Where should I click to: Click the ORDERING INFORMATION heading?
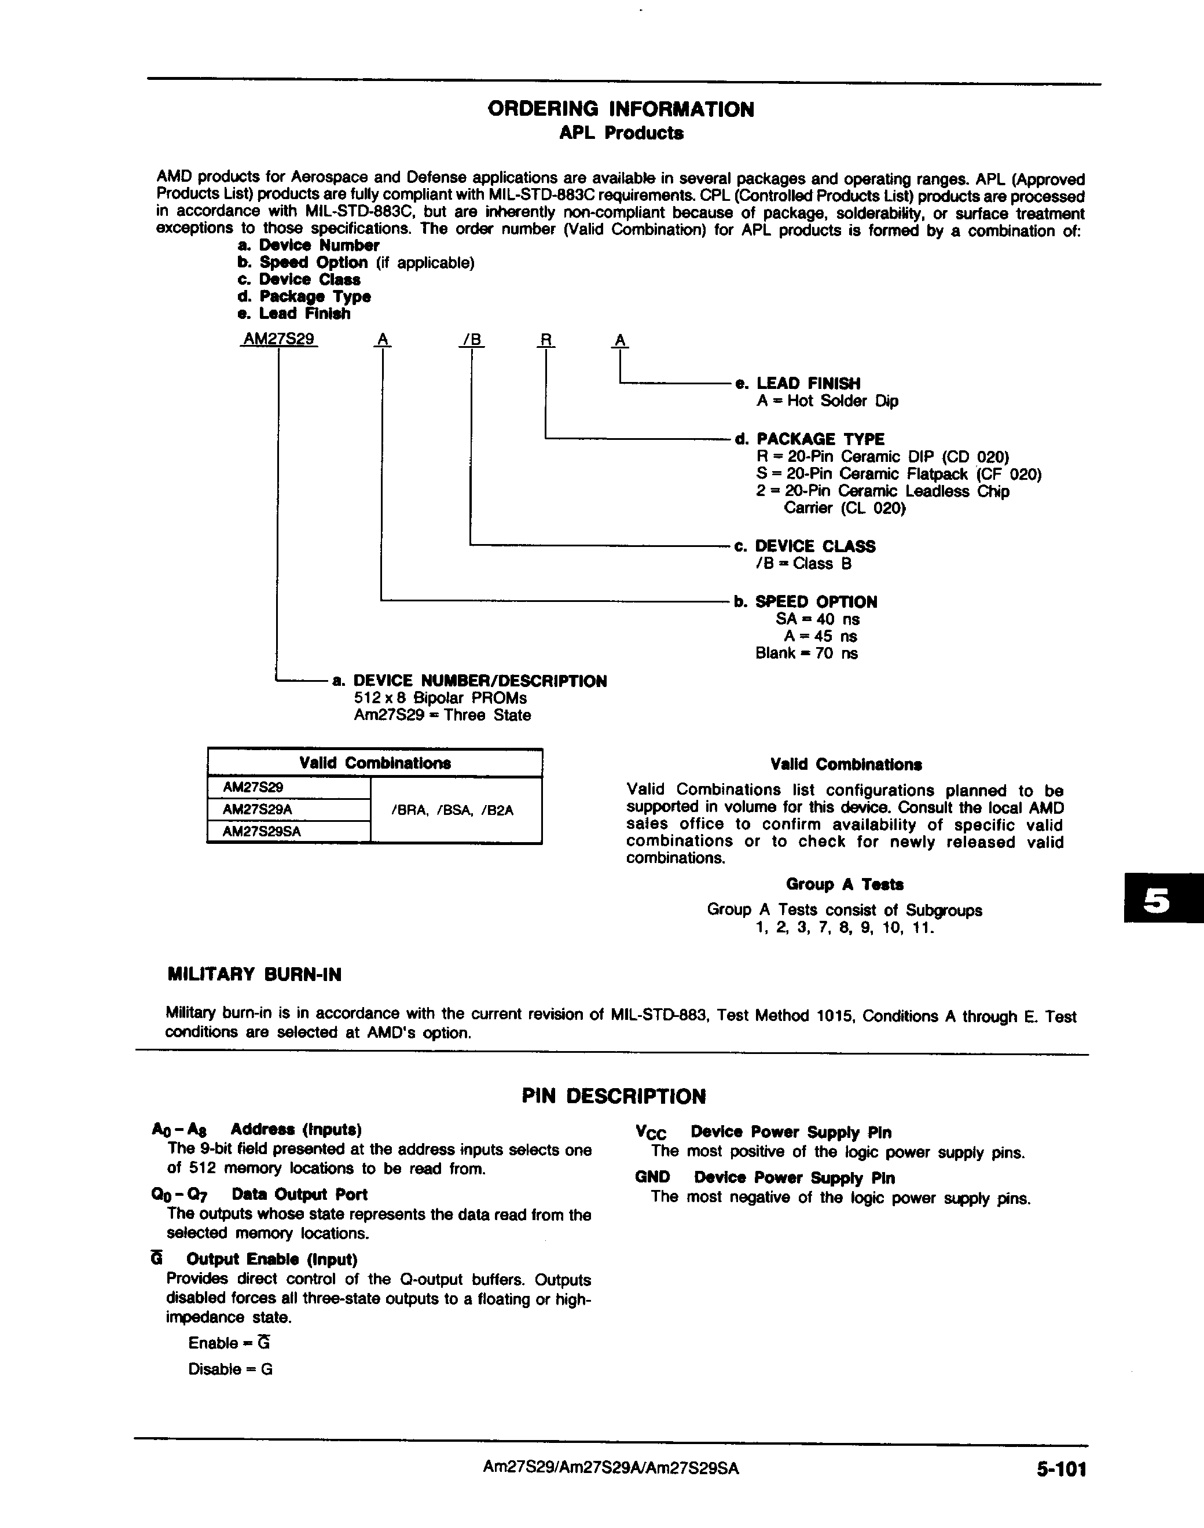pyautogui.click(x=621, y=109)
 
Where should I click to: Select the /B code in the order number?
pyautogui.click(x=472, y=340)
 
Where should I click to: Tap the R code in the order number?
pyautogui.click(x=546, y=340)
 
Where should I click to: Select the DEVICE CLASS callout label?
pyautogui.click(x=814, y=546)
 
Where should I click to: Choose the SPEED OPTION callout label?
pyautogui.click(x=816, y=602)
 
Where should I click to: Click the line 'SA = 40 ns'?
pyautogui.click(x=817, y=619)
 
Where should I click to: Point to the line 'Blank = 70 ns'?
pyautogui.click(x=806, y=653)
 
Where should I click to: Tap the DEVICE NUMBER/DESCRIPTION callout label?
pyautogui.click(x=479, y=681)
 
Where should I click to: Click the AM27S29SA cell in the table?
pyautogui.click(x=262, y=832)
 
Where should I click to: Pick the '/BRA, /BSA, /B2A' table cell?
pyautogui.click(x=452, y=810)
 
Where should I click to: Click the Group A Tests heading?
pyautogui.click(x=845, y=884)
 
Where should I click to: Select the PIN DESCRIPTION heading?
pyautogui.click(x=613, y=1096)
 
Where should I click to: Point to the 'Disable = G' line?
pyautogui.click(x=230, y=1369)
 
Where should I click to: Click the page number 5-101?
pyautogui.click(x=1061, y=1469)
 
